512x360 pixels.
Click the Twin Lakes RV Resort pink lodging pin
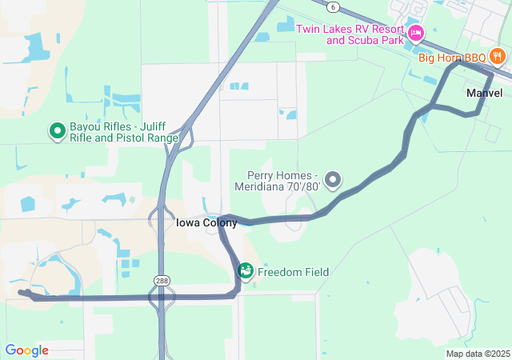pyautogui.click(x=415, y=34)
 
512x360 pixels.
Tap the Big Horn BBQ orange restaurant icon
pyautogui.click(x=498, y=57)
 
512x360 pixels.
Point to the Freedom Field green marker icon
pyautogui.click(x=246, y=271)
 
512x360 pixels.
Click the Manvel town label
pyautogui.click(x=484, y=94)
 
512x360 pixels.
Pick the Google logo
pyautogui.click(x=26, y=350)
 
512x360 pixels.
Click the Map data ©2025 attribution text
pyautogui.click(x=478, y=354)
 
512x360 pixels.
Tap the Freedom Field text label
pyautogui.click(x=293, y=272)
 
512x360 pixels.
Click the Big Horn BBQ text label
pyautogui.click(x=452, y=58)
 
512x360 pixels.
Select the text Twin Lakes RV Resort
pyautogui.click(x=349, y=30)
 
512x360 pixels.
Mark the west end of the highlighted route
pyautogui.click(x=19, y=293)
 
